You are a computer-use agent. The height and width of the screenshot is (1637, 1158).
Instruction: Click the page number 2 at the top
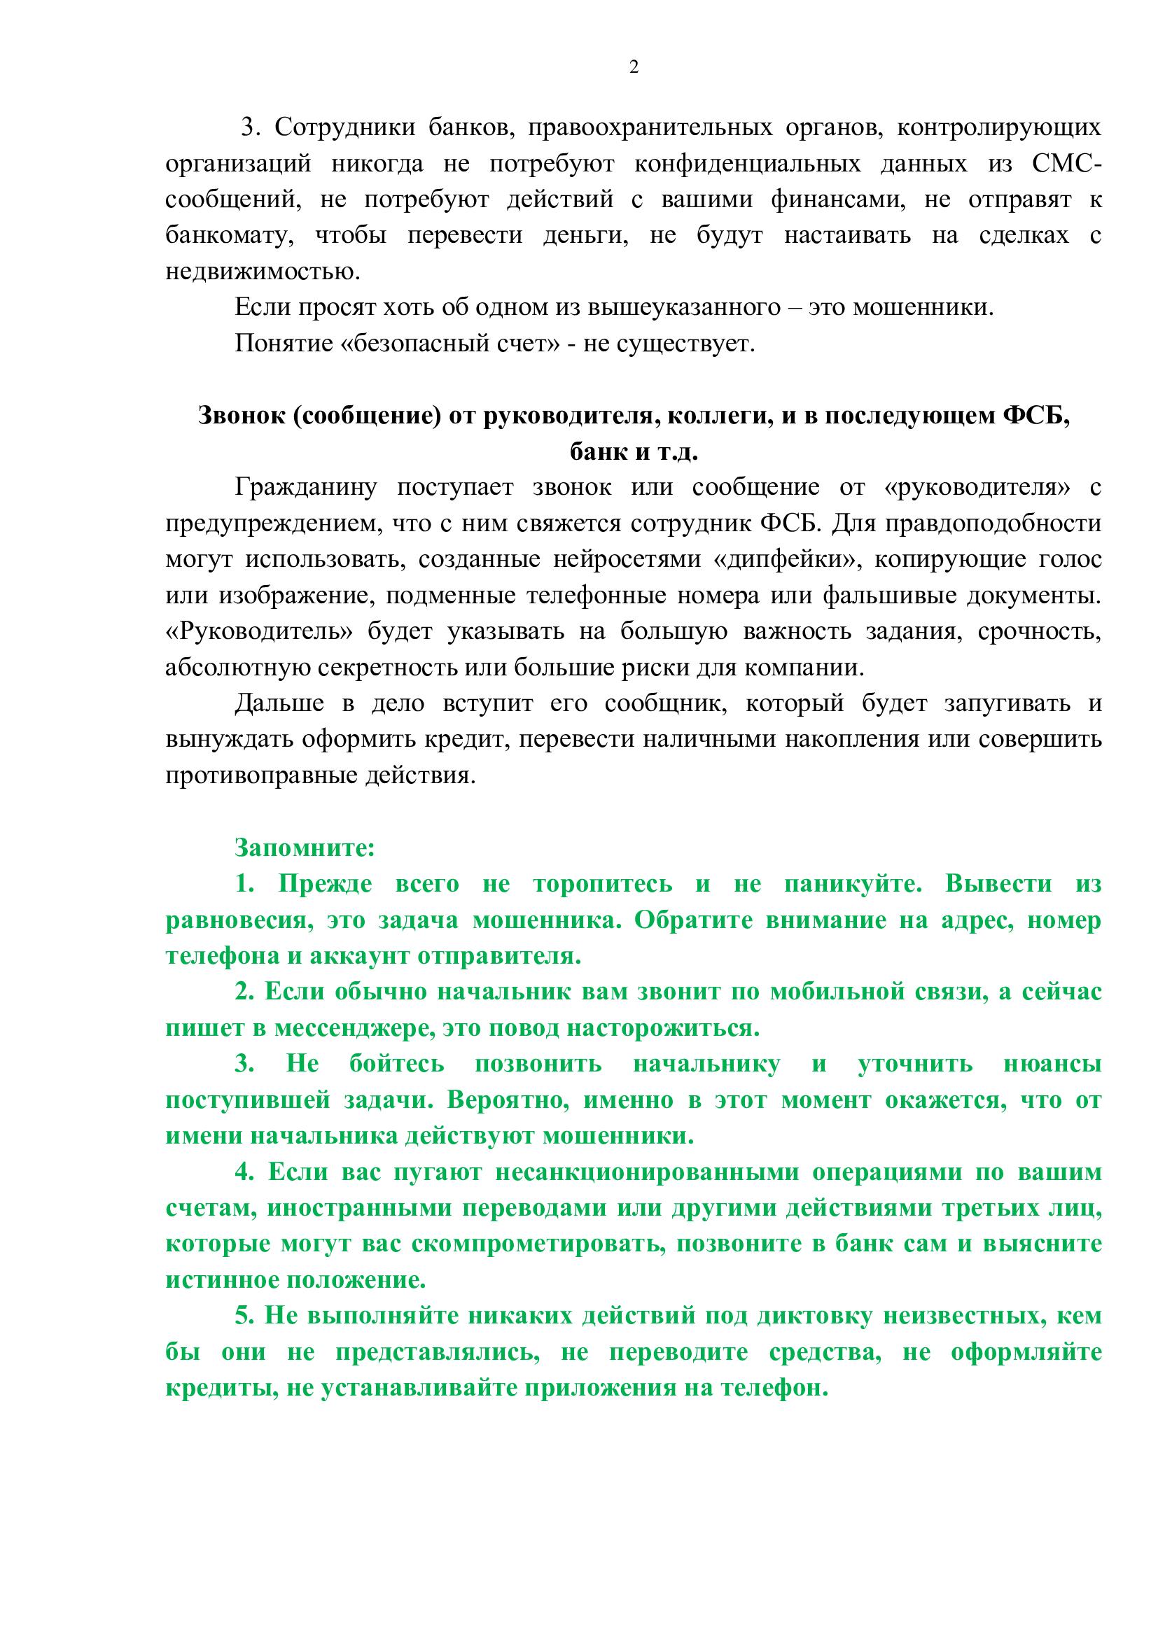[634, 67]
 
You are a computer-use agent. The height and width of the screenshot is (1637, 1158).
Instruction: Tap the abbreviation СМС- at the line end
[1066, 164]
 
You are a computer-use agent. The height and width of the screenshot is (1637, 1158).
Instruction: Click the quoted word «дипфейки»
[784, 560]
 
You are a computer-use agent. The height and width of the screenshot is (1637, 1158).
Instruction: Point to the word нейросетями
[627, 560]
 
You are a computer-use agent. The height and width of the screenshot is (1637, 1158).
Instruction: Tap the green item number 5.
[244, 1316]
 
